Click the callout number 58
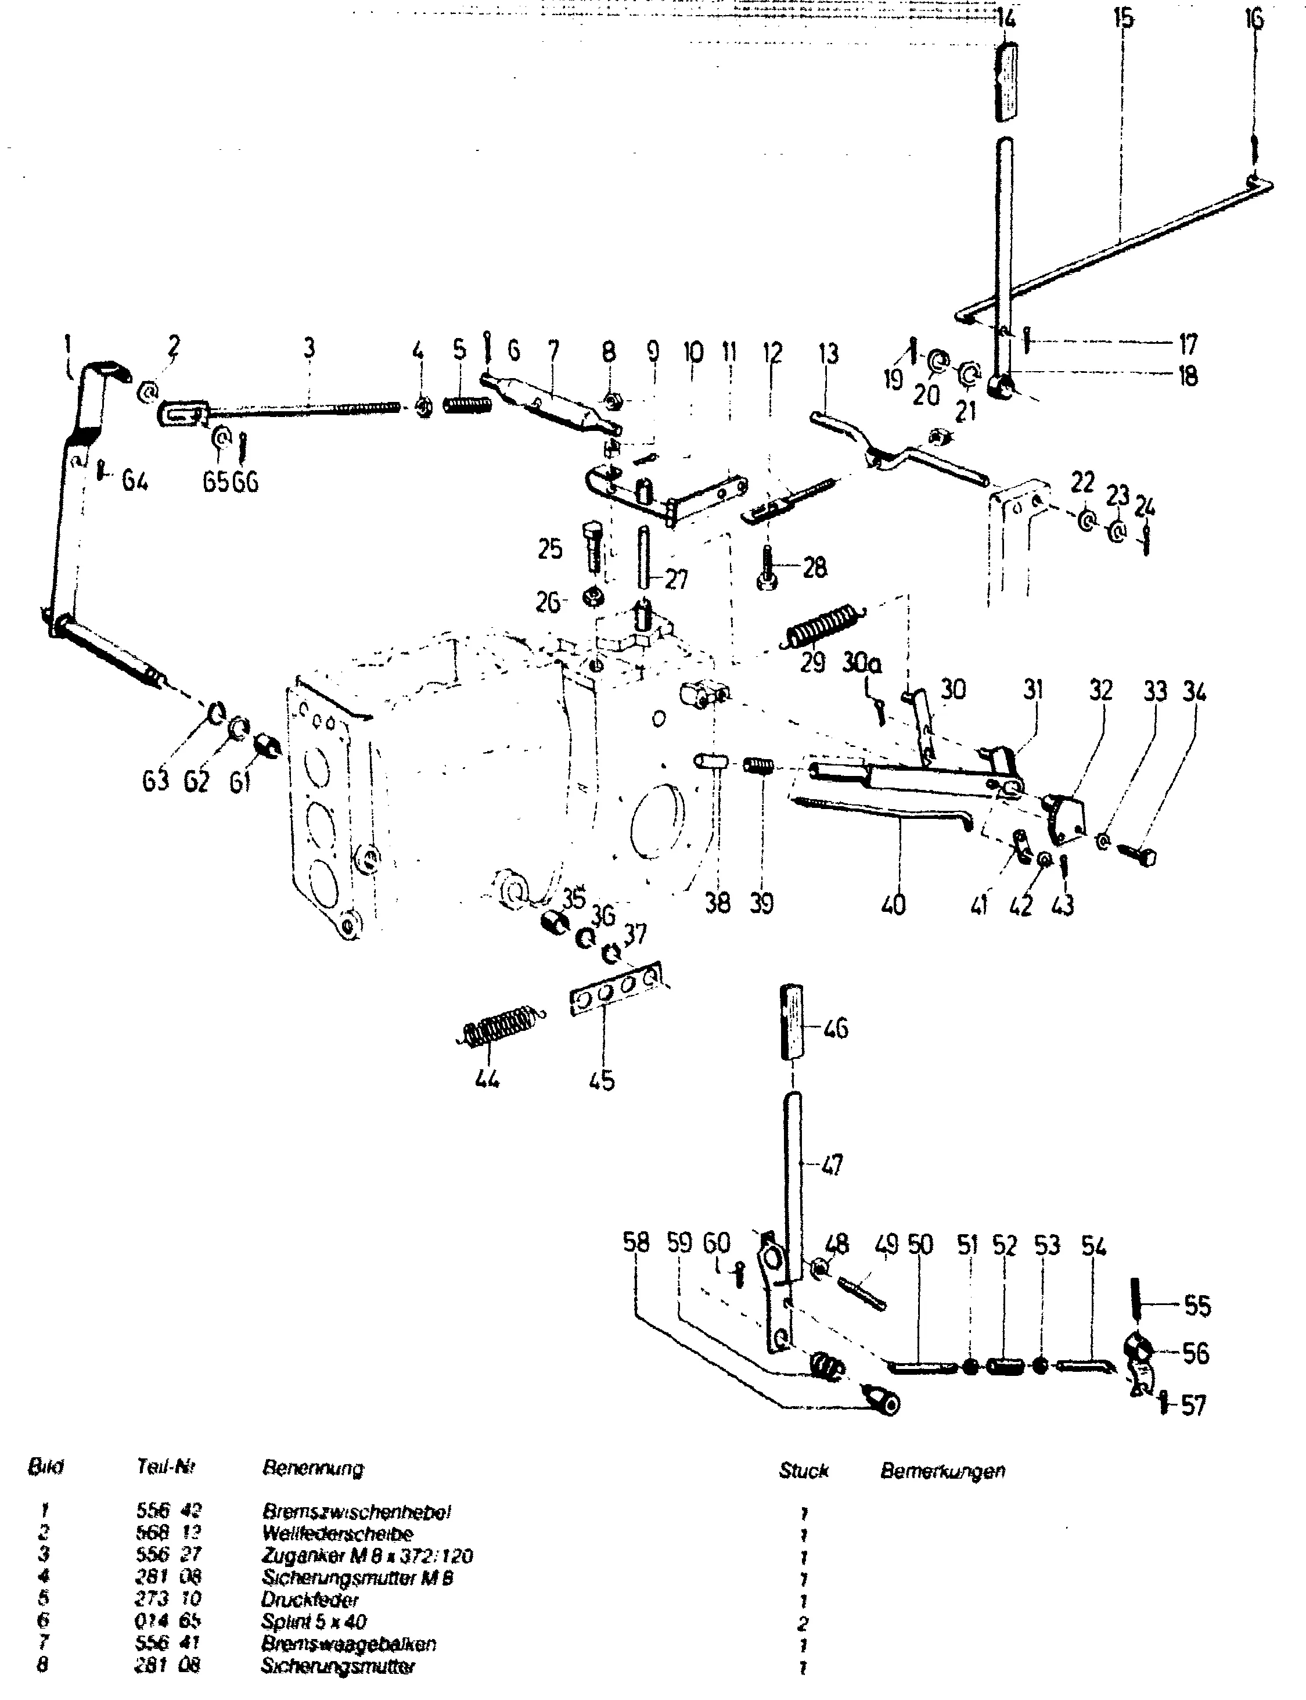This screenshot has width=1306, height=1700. pyautogui.click(x=635, y=1242)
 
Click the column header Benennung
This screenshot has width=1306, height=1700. pyautogui.click(x=312, y=1468)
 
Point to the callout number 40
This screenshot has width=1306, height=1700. pyautogui.click(x=894, y=904)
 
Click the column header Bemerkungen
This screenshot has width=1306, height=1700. pyautogui.click(x=942, y=1471)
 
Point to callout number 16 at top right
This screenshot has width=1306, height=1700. pyautogui.click(x=1254, y=19)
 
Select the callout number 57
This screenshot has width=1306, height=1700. pyautogui.click(x=1193, y=1406)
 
